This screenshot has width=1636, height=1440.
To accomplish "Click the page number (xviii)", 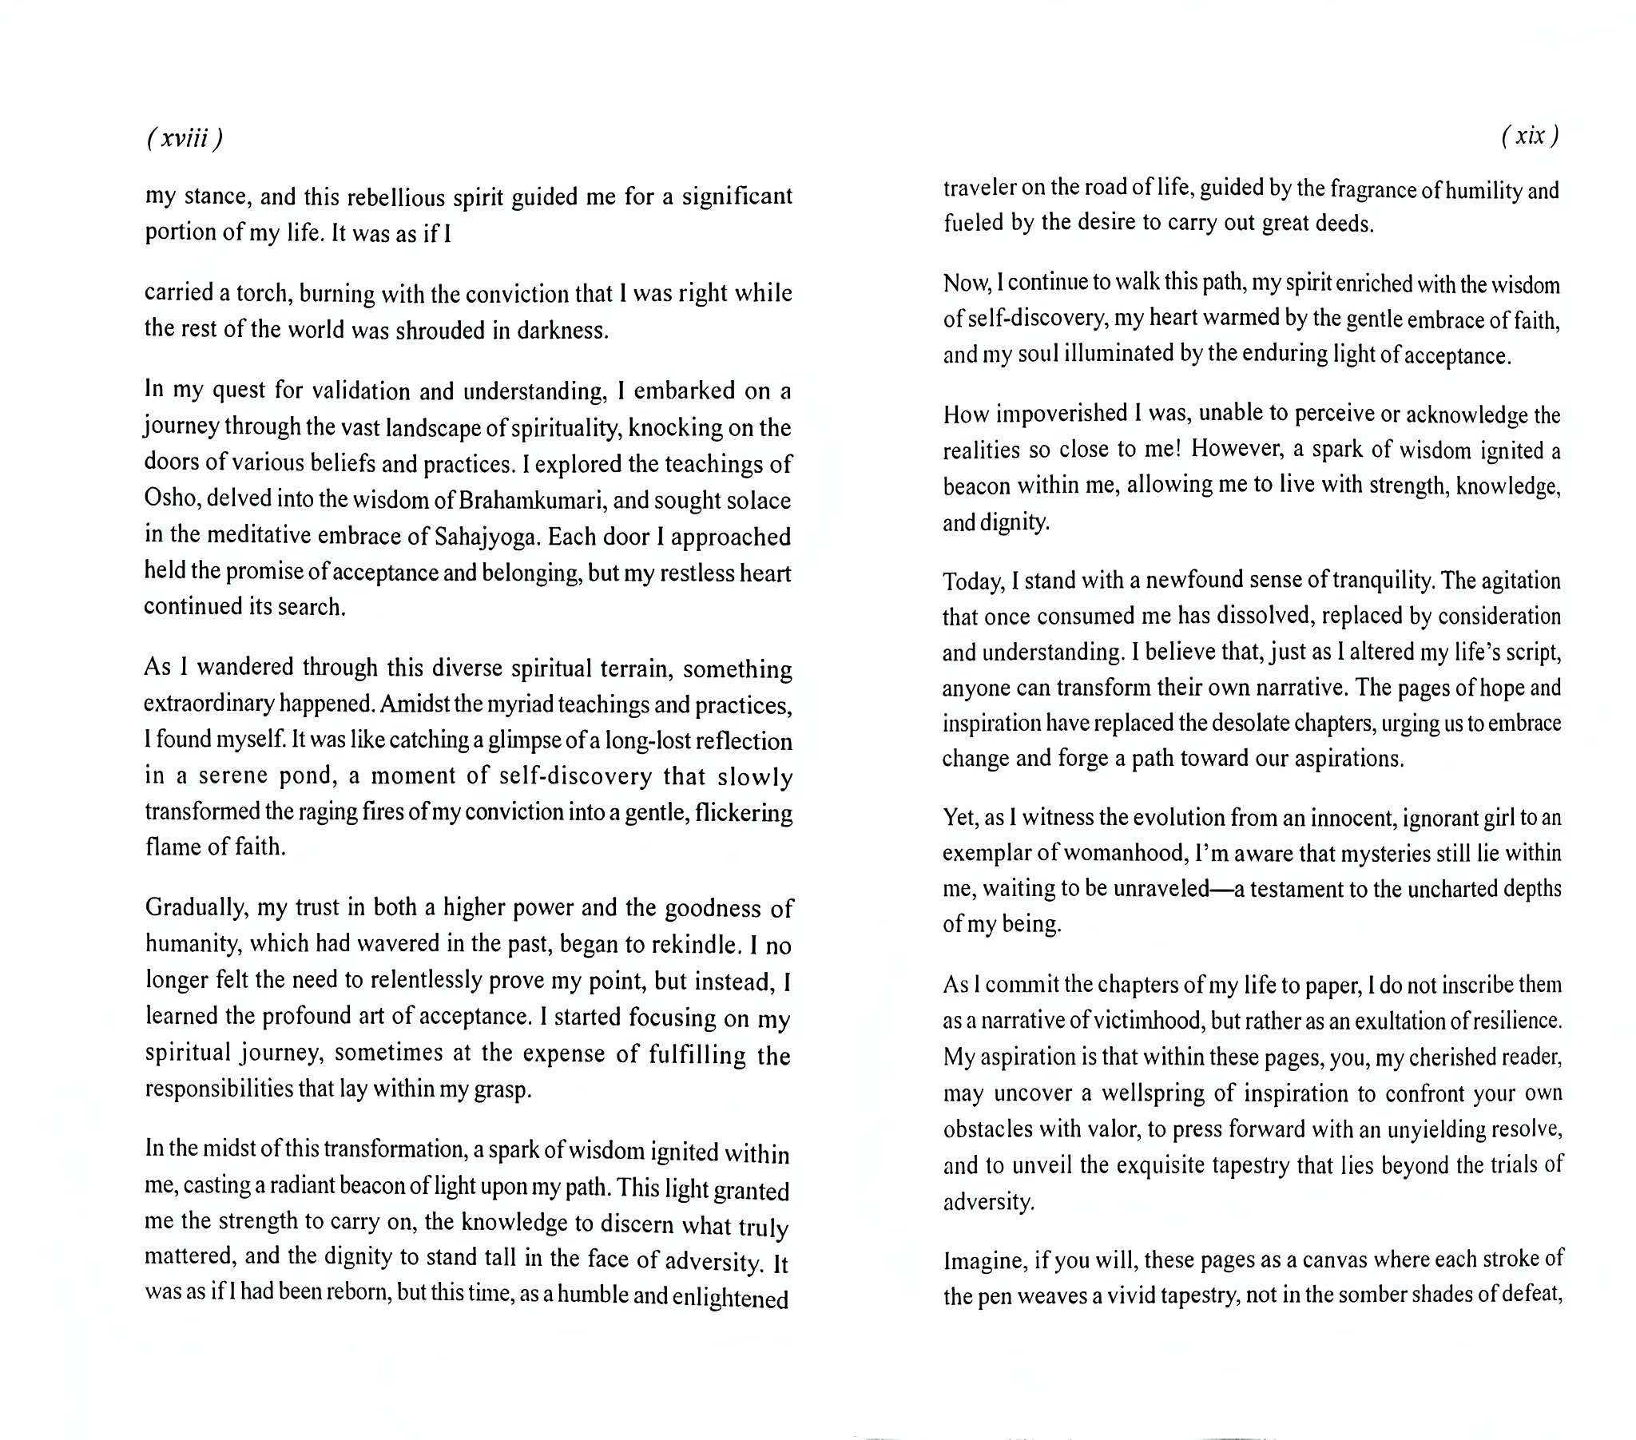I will (184, 138).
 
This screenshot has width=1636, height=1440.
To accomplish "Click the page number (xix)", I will (1530, 135).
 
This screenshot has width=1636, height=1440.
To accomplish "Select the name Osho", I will (170, 498).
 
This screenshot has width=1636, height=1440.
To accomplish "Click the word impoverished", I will (1053, 414).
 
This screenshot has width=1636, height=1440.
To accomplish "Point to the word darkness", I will (562, 330).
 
